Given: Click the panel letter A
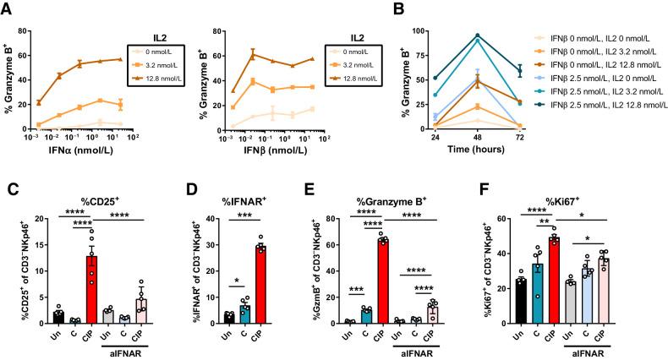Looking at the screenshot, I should point(7,8).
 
